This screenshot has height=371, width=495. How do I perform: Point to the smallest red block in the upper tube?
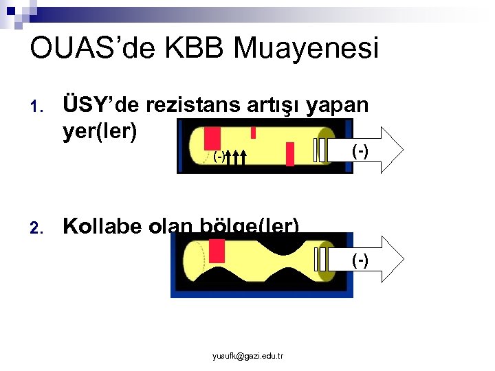pyautogui.click(x=253, y=132)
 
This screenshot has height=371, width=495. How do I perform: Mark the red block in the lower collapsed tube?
pyautogui.click(x=217, y=250)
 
